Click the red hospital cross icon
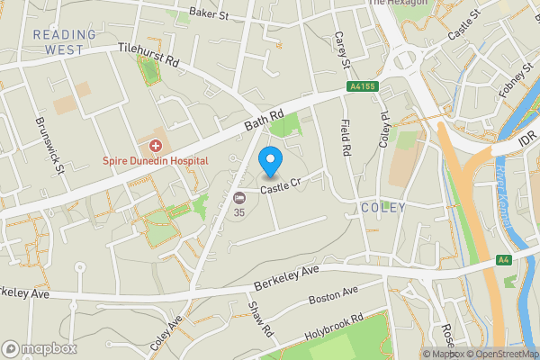pyautogui.click(x=156, y=145)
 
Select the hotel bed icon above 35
pyautogui.click(x=238, y=198)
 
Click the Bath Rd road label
pyautogui.click(x=264, y=119)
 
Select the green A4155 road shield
pyautogui.click(x=362, y=87)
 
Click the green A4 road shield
pyautogui.click(x=504, y=260)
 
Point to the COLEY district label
pyautogui.click(x=383, y=208)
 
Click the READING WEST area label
pyautogui.click(x=64, y=42)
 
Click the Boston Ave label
pyautogui.click(x=333, y=294)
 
